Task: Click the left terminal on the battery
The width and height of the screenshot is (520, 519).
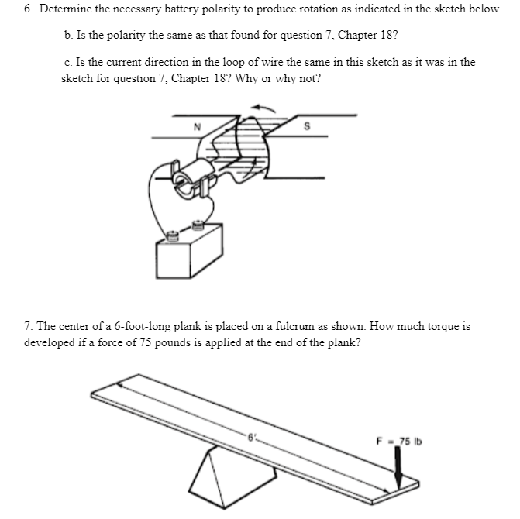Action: tap(172, 232)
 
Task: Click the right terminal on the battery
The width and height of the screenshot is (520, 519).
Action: tap(198, 225)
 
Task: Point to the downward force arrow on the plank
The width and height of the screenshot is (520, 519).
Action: tap(398, 469)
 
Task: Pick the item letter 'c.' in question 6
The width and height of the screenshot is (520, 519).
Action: tap(69, 63)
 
